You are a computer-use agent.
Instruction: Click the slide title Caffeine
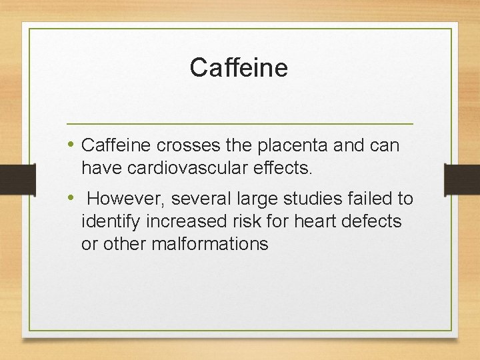click(x=239, y=67)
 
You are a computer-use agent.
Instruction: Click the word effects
click(x=282, y=168)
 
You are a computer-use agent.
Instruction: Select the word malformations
click(x=210, y=244)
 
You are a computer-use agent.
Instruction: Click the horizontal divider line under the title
click(x=240, y=124)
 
